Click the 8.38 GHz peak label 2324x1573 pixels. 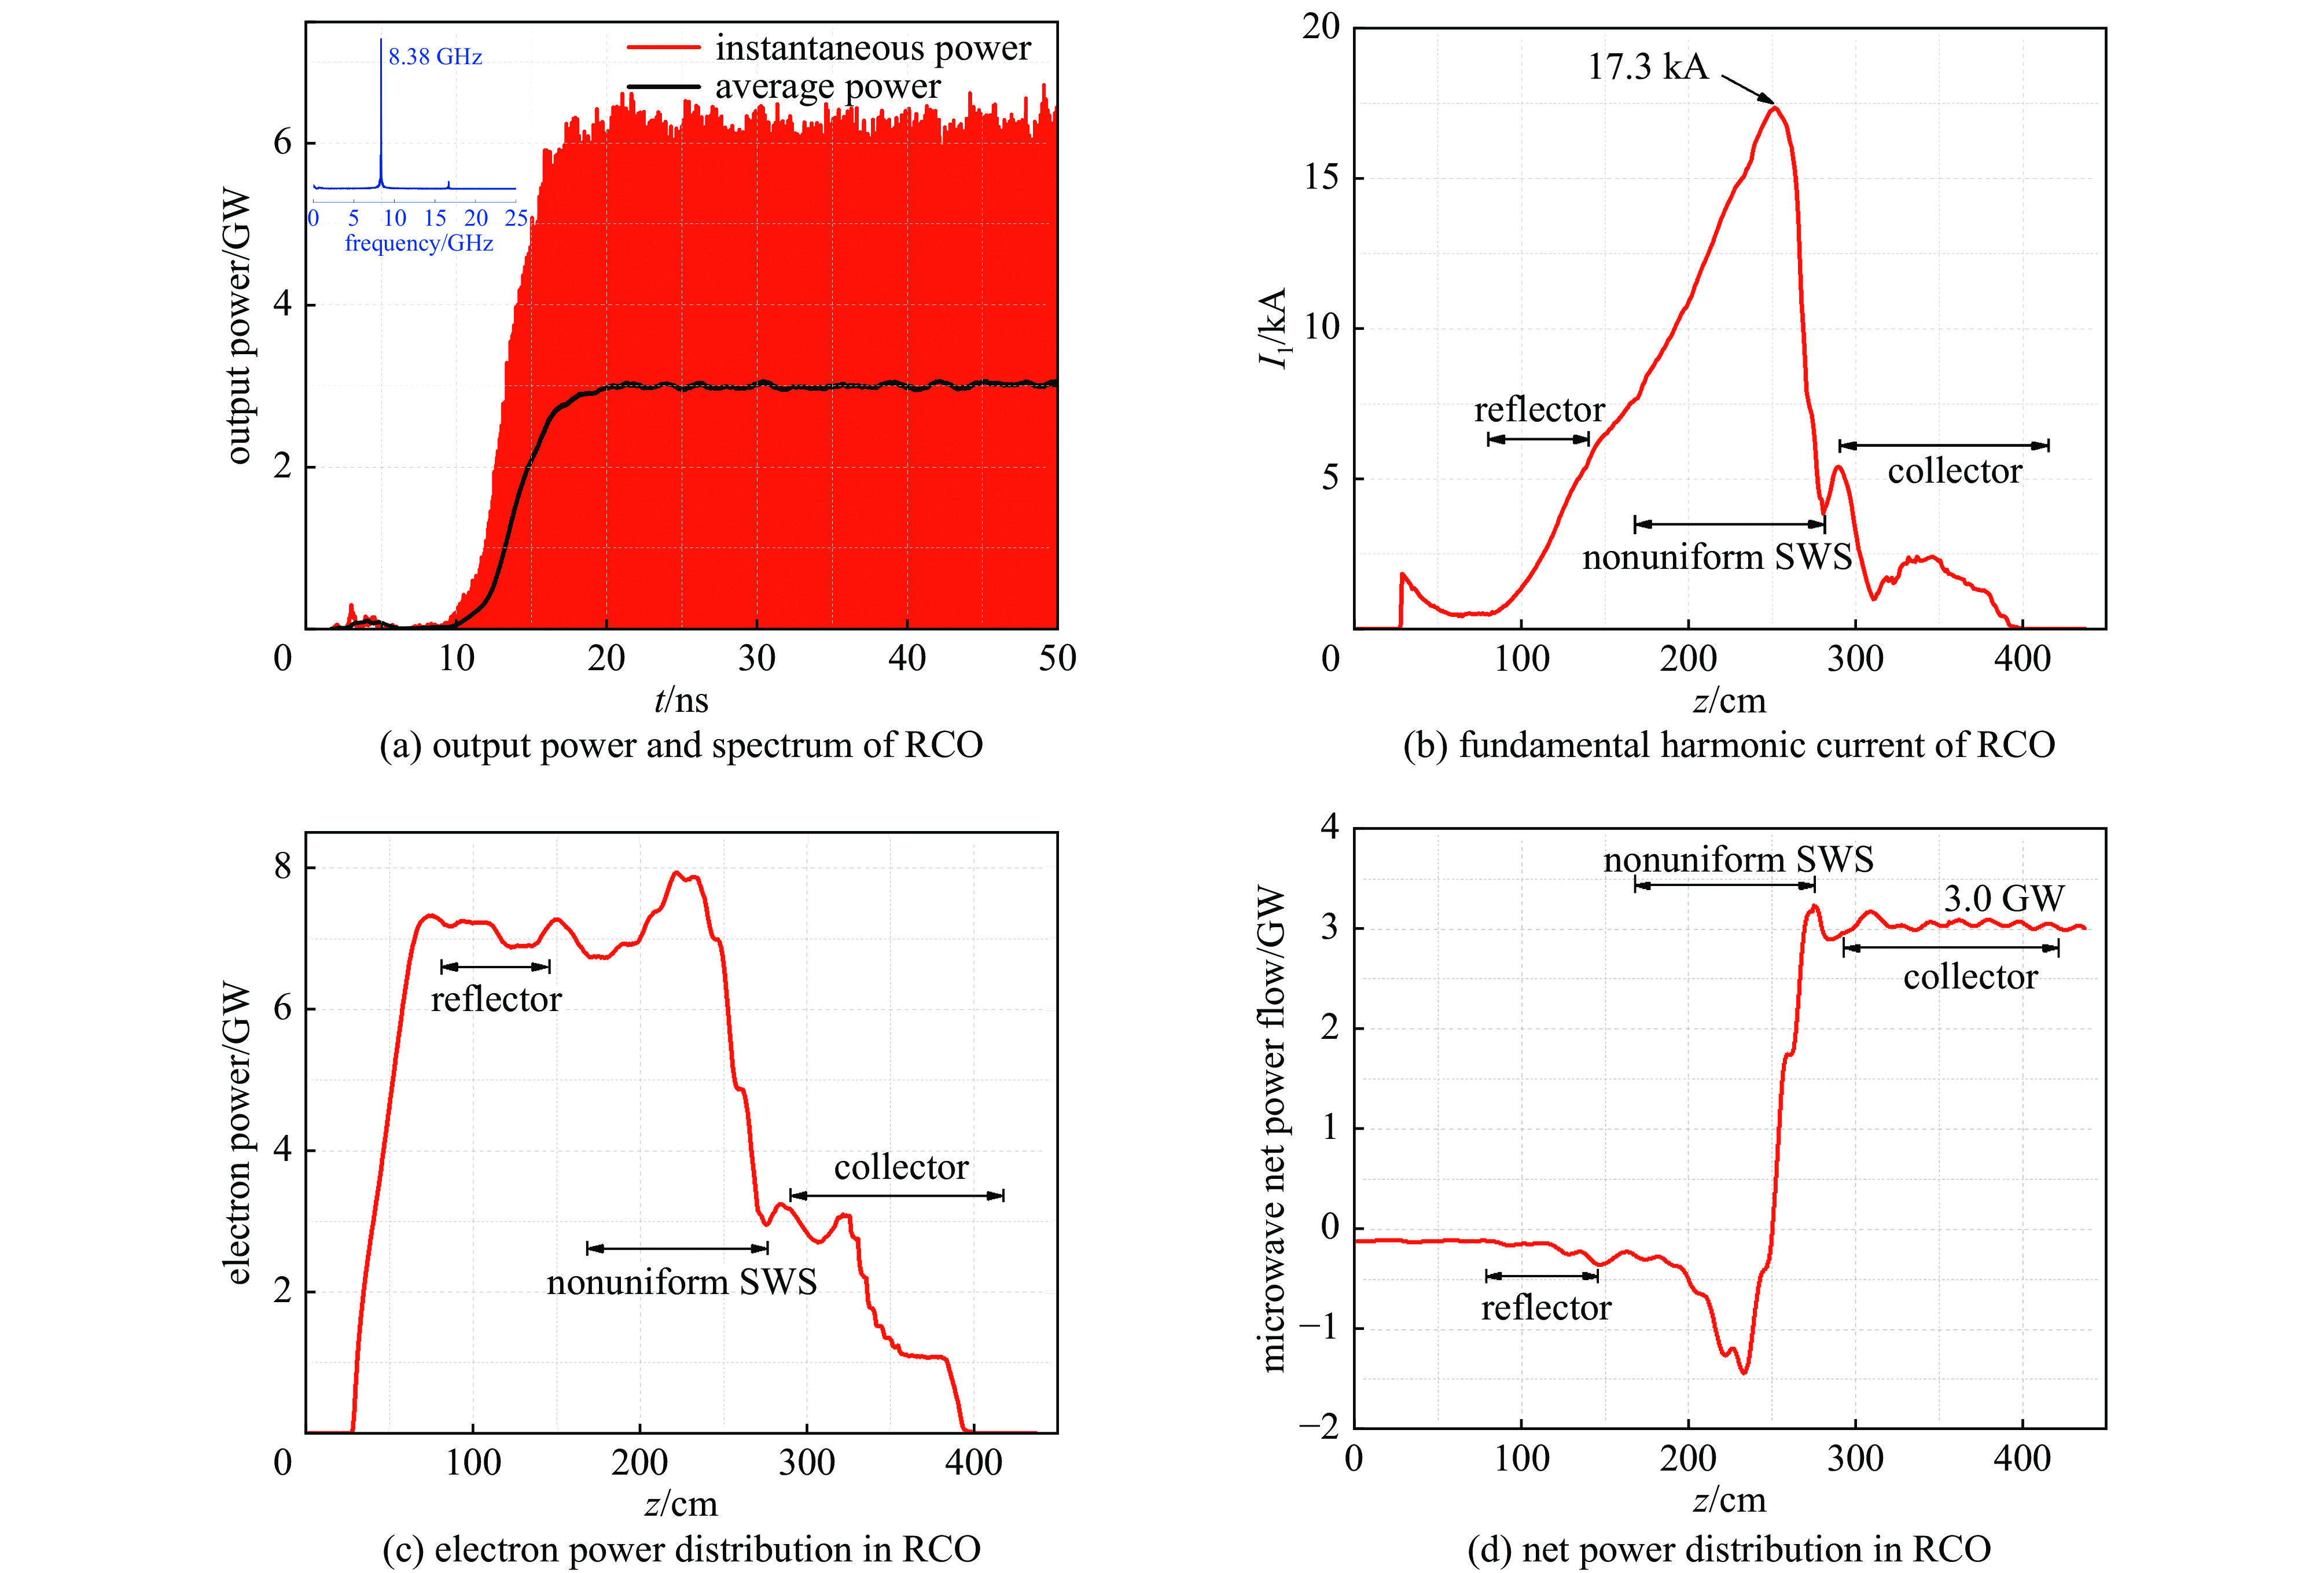click(435, 57)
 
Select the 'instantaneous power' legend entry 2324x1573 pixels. click(872, 48)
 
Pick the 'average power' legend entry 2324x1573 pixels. click(827, 87)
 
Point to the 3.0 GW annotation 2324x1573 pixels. click(2003, 898)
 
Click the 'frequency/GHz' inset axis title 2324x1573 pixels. click(419, 243)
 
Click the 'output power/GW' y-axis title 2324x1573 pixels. click(237, 326)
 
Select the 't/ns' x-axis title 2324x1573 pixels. click(681, 700)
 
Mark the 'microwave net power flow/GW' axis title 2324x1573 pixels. click(1272, 1128)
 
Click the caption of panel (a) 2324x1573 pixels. click(681, 745)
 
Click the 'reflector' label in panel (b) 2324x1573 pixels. click(1539, 410)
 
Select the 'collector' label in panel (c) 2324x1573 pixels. click(901, 1167)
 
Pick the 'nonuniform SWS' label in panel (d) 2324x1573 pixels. click(1738, 860)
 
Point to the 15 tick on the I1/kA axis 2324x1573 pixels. click(1321, 178)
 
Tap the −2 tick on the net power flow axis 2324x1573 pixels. click(1318, 1427)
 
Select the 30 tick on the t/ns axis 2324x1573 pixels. click(757, 658)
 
